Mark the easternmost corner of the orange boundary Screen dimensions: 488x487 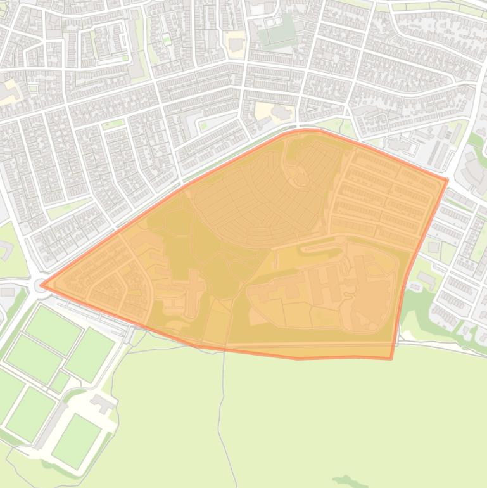coord(447,180)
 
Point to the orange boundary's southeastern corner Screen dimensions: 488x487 coord(391,359)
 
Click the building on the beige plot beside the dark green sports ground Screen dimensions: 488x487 coord(236,44)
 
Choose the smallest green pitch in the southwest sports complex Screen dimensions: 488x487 coord(60,382)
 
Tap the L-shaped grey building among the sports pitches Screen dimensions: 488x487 coord(101,402)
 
